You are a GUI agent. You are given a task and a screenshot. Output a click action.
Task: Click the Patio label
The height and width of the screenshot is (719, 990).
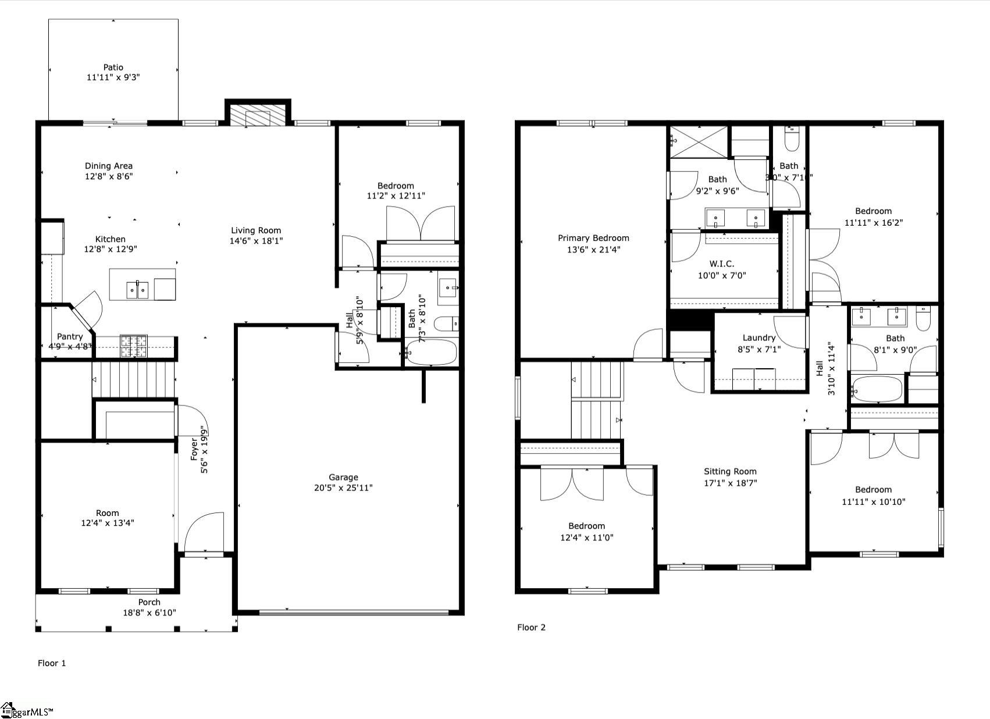(113, 67)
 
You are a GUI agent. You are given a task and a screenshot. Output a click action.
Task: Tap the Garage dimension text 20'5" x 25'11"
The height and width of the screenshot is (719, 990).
(343, 487)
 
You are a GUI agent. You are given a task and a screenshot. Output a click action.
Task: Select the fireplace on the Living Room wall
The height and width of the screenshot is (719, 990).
(258, 115)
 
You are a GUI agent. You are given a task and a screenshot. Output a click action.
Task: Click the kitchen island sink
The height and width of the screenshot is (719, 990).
(137, 290)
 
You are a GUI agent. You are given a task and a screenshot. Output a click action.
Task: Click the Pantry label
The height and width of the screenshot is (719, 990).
(70, 336)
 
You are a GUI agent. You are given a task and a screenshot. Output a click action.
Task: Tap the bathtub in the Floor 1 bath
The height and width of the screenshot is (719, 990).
(431, 353)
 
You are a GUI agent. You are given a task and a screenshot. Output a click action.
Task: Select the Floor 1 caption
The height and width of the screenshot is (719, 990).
(52, 663)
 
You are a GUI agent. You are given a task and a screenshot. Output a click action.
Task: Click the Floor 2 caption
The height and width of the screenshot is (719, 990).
(531, 627)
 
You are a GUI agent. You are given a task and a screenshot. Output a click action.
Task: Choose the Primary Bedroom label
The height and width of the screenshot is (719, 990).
(593, 238)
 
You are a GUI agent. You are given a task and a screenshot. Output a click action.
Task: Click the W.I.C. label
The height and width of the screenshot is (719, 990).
(721, 264)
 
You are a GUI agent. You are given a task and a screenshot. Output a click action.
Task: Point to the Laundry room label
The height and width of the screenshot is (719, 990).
(758, 338)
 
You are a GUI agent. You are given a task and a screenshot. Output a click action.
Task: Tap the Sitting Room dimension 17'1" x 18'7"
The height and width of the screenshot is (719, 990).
(730, 483)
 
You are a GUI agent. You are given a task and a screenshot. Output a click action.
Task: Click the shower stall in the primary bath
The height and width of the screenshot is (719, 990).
(699, 141)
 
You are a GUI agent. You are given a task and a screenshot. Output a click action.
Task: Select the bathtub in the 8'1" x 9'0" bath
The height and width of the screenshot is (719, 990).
(877, 390)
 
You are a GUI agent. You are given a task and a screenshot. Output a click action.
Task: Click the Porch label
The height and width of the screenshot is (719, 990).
(149, 602)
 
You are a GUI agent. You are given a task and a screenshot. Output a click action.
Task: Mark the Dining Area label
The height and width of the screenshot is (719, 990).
(109, 166)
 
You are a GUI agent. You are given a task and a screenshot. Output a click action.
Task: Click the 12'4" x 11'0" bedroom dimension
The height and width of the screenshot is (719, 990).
(586, 538)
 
